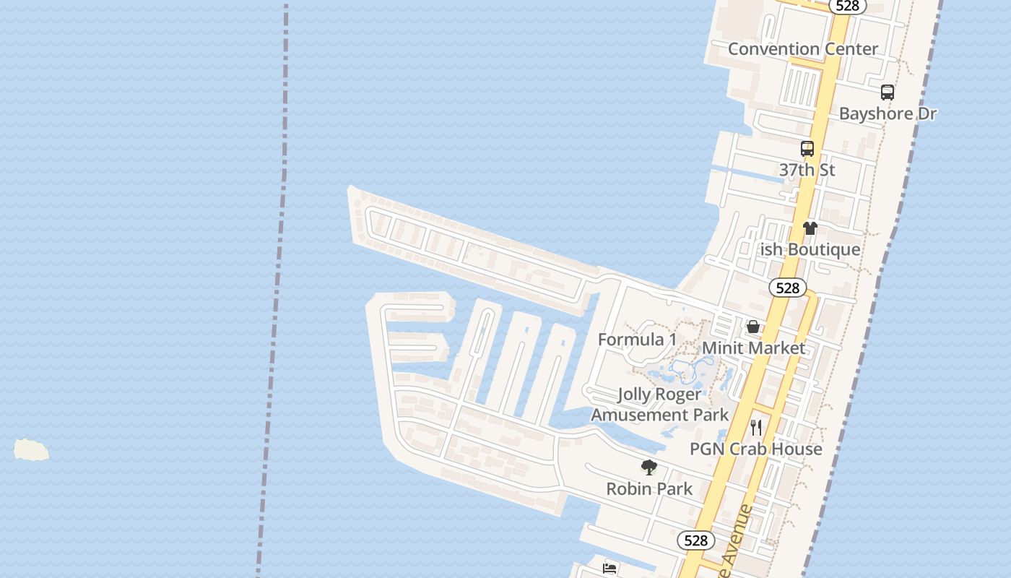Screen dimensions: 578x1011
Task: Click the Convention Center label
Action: point(803,49)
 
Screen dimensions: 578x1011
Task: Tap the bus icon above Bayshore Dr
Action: point(888,92)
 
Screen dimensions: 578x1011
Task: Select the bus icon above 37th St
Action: point(807,149)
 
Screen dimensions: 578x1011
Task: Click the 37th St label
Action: point(807,170)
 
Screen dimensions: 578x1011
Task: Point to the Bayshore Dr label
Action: point(888,113)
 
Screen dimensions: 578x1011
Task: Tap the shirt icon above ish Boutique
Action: point(810,228)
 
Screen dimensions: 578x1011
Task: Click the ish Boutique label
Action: point(810,249)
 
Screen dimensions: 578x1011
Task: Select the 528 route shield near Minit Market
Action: point(787,288)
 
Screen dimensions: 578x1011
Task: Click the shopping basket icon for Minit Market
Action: point(753,327)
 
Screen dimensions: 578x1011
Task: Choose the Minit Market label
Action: point(753,348)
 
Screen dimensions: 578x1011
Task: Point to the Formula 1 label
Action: point(638,340)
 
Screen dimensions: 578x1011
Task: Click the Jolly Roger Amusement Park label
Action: point(660,405)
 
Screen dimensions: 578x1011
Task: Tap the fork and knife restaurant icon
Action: point(756,427)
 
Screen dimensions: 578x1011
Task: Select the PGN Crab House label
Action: point(756,449)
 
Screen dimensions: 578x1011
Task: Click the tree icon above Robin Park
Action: point(649,467)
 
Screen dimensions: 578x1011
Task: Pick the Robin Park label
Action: point(649,489)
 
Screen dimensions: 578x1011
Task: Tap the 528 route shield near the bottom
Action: point(695,540)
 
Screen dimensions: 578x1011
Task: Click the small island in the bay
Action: point(31,450)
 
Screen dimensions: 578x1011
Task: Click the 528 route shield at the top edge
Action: point(846,6)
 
